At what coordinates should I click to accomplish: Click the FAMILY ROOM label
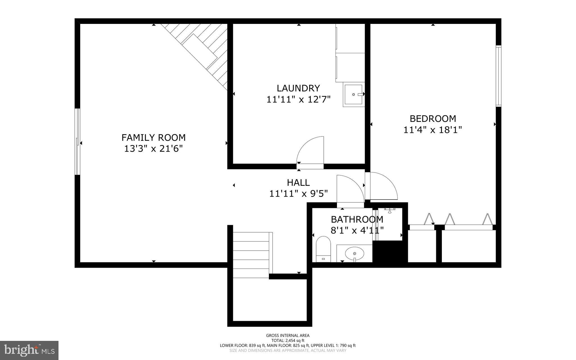pos(153,137)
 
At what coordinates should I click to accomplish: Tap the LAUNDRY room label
pos(298,88)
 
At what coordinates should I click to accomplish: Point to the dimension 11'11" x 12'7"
pos(298,99)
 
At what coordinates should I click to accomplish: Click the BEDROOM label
pos(433,118)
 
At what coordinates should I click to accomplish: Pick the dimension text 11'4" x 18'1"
pos(433,130)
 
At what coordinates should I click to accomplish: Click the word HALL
pos(298,182)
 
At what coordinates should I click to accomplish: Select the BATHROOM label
pos(357,219)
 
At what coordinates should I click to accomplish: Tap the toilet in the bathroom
pos(323,249)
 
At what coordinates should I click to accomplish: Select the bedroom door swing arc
pos(382,186)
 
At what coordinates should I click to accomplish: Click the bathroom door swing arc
pos(350,189)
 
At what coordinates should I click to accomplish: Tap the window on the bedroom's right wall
pos(498,76)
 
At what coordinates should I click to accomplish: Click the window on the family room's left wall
pos(77,142)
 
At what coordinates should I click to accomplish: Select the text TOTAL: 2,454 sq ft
pos(288,340)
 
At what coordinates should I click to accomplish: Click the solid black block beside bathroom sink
pos(390,251)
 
